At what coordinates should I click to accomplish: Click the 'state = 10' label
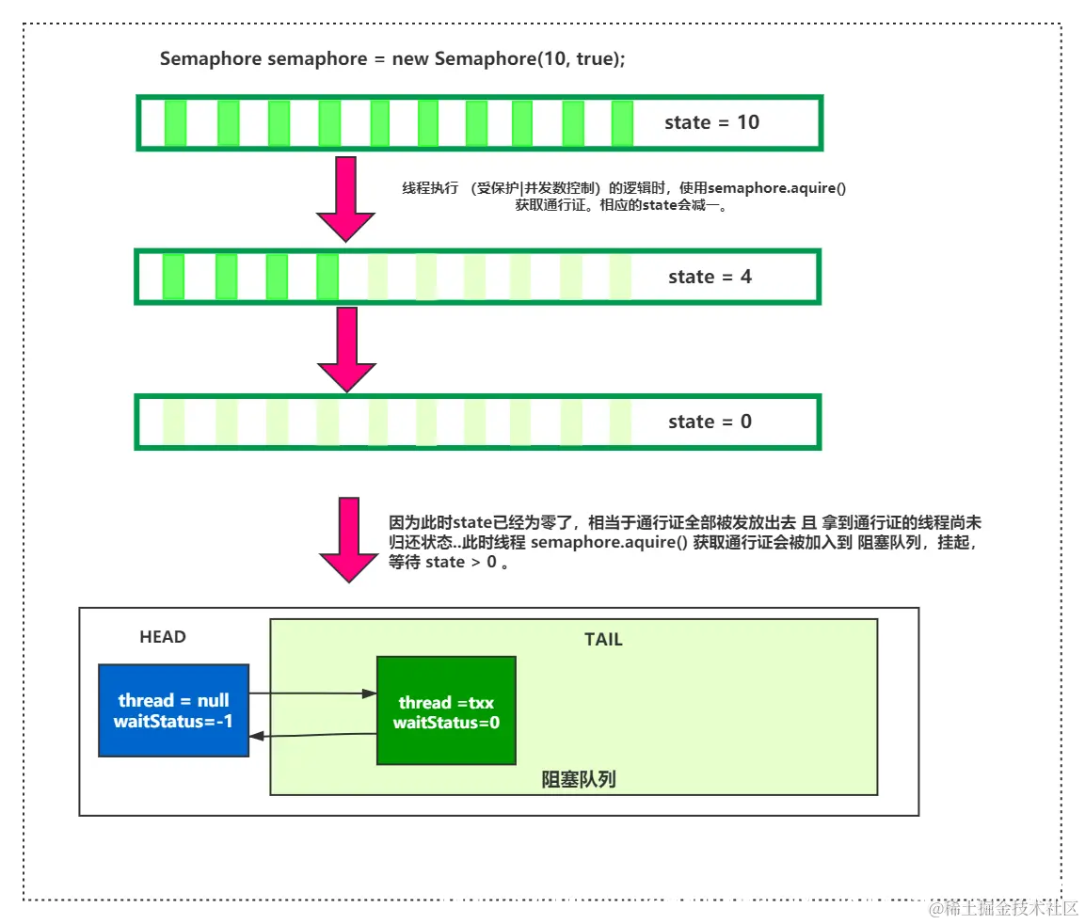click(x=711, y=122)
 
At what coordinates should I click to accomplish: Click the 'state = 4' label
click(x=710, y=277)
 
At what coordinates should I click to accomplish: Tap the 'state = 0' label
click(x=710, y=422)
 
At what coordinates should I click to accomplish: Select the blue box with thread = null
click(x=173, y=710)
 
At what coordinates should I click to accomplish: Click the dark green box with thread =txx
click(x=446, y=710)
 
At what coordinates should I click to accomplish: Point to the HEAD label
click(x=163, y=637)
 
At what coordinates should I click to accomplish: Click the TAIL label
click(x=603, y=640)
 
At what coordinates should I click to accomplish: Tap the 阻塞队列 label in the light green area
click(x=579, y=779)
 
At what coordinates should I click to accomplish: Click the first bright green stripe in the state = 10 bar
click(x=175, y=122)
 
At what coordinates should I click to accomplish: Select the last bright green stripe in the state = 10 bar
click(x=622, y=122)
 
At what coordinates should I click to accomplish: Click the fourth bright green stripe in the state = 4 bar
click(x=327, y=277)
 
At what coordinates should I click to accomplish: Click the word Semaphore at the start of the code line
click(x=211, y=59)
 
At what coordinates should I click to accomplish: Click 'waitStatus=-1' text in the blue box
click(x=173, y=722)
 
